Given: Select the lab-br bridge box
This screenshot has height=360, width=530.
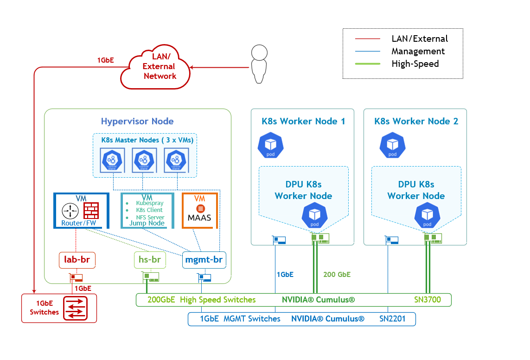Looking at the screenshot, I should click(x=77, y=260).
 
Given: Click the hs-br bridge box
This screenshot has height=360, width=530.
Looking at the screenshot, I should click(x=150, y=259).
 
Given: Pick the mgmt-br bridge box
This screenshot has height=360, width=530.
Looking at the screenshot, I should click(x=204, y=260).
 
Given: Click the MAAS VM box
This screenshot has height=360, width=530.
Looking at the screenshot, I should click(x=199, y=211).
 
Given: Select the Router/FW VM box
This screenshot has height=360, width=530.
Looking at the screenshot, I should click(x=81, y=211).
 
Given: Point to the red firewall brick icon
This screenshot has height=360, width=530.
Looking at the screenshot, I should click(x=91, y=211).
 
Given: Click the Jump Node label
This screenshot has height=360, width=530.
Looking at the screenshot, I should click(x=147, y=223).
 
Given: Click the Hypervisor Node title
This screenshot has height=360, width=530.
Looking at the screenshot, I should click(x=137, y=122).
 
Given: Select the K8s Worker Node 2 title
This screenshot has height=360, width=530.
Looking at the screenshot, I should click(x=416, y=122).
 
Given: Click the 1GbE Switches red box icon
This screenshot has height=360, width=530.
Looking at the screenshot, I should click(x=76, y=309).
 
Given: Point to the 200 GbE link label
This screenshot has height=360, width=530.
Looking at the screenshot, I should click(x=337, y=275).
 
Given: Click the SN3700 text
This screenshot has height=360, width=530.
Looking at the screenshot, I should click(x=427, y=300).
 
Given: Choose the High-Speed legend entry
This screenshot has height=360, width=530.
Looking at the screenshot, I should click(x=415, y=64).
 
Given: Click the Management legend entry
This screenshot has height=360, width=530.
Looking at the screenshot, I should click(x=418, y=51).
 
